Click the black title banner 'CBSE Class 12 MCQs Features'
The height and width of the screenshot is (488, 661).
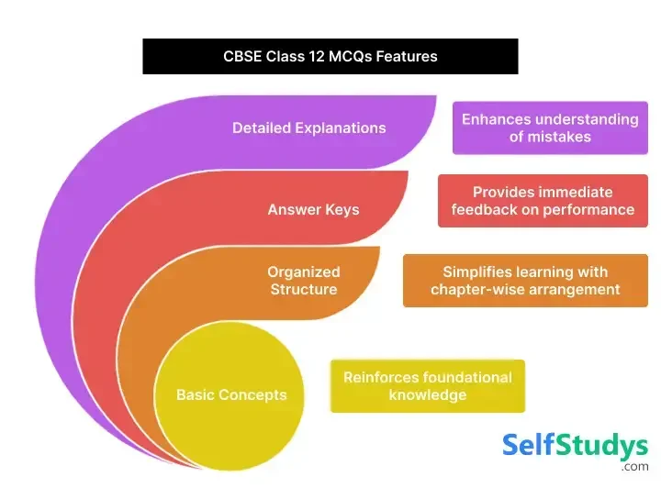330,56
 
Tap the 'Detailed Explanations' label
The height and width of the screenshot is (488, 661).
308,128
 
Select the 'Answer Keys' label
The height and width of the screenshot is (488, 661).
313,209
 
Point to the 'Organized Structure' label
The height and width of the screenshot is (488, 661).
304,281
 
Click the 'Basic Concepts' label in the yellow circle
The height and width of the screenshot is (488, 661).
231,395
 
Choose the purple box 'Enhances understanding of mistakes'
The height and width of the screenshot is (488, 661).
550,128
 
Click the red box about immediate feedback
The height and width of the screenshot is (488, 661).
543,201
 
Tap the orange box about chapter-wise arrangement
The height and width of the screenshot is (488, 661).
525,281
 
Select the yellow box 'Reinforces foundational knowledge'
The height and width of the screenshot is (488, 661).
428,386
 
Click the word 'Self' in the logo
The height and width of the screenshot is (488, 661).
530,447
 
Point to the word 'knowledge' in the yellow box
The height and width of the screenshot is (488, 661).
428,395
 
